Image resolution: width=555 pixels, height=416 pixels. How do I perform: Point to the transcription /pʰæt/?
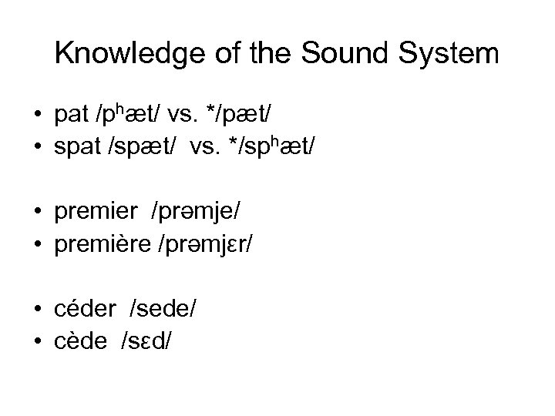[129, 116]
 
